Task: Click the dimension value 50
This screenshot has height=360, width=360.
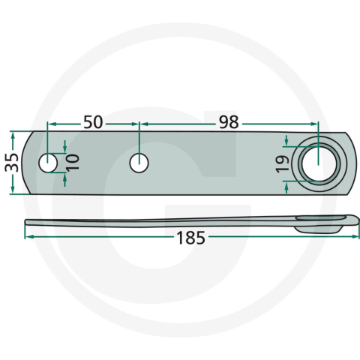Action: pyautogui.click(x=94, y=121)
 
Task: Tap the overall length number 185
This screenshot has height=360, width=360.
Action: pyautogui.click(x=190, y=239)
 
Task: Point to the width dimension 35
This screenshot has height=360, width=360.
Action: pyautogui.click(x=11, y=162)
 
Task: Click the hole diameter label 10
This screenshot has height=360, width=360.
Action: pyautogui.click(x=72, y=162)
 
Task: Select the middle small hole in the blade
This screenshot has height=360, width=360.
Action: pyautogui.click(x=139, y=162)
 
